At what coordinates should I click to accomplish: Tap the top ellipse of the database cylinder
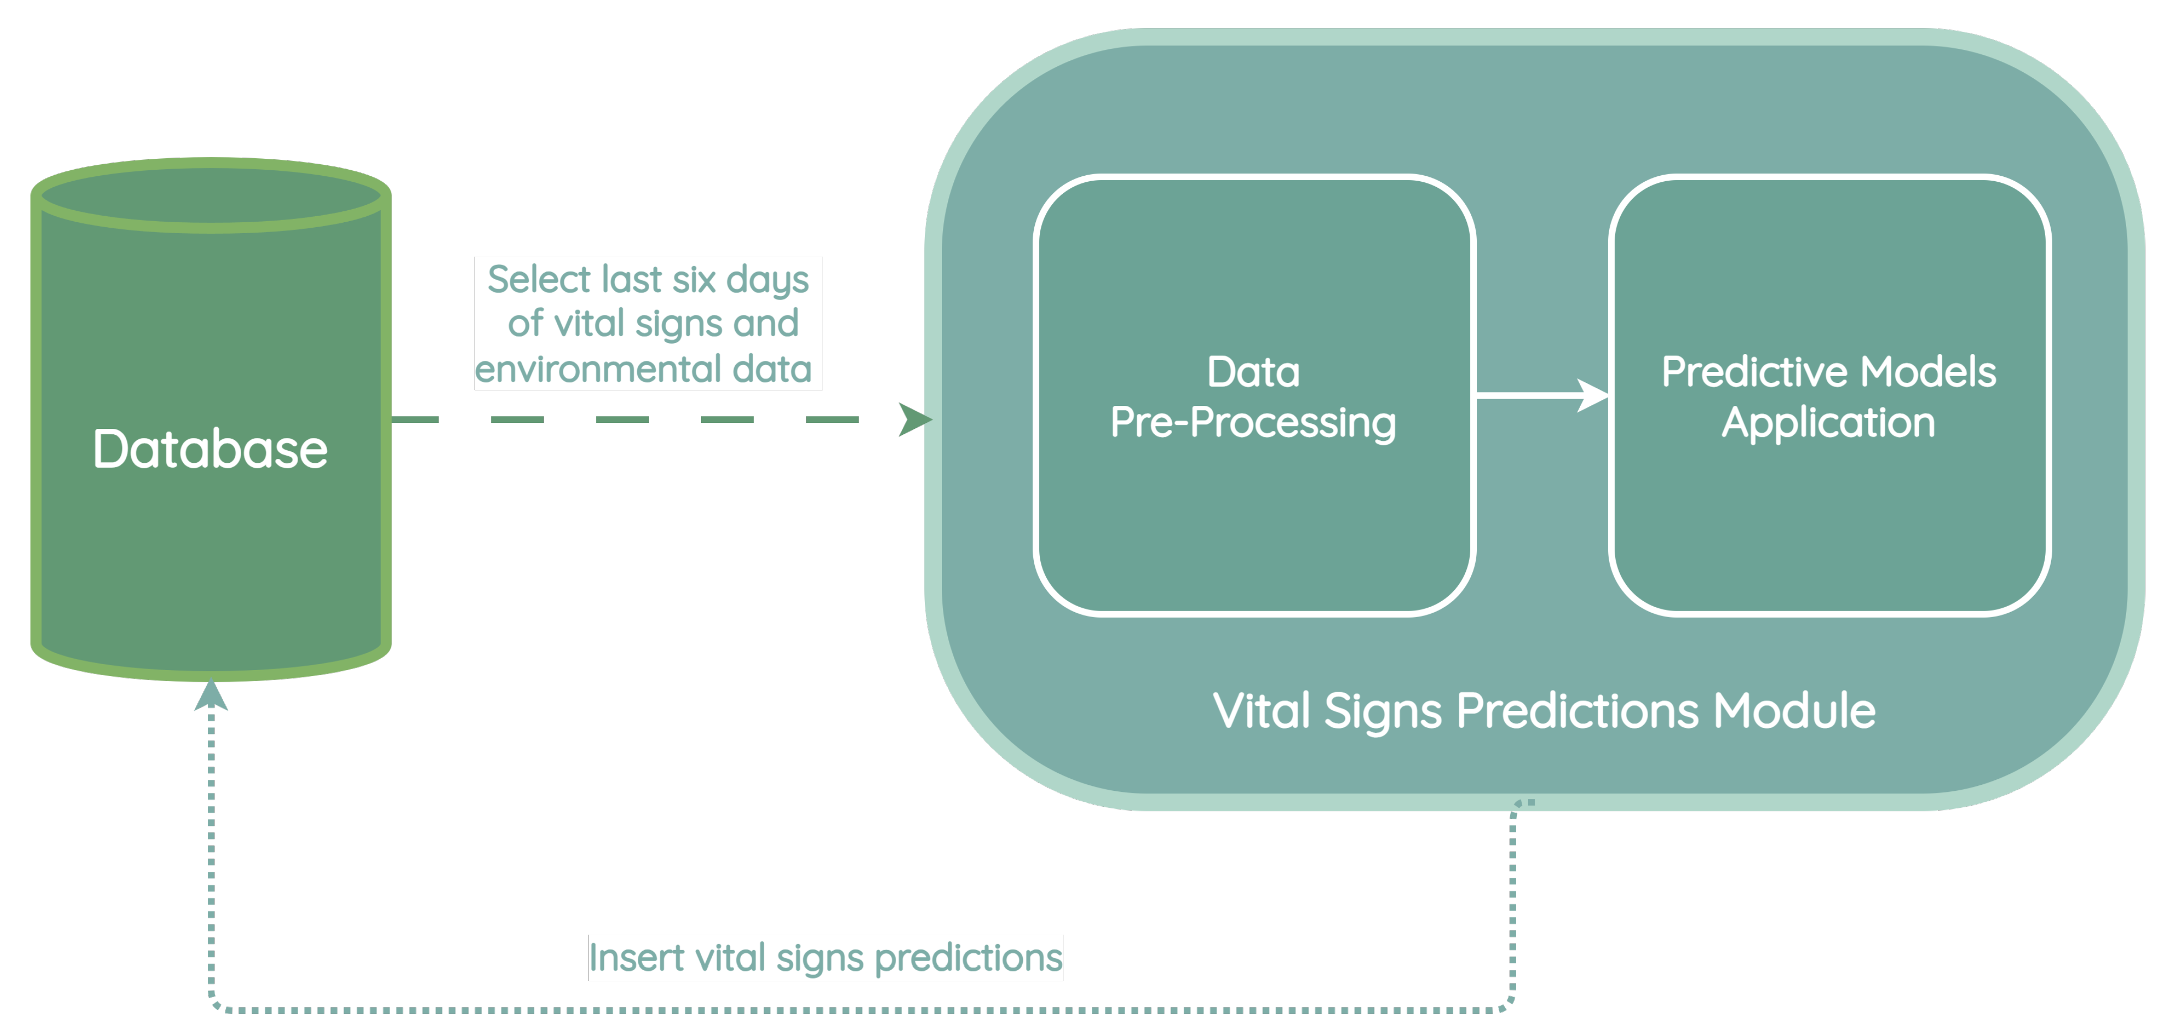click(210, 196)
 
